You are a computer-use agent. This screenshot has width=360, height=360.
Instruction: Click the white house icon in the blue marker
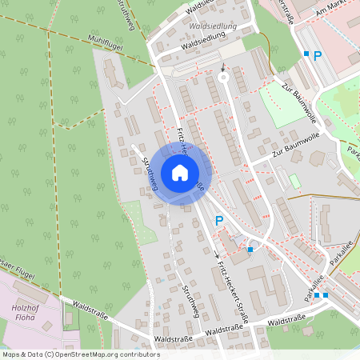tap(180, 173)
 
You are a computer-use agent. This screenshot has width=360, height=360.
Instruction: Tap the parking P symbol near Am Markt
tap(317, 56)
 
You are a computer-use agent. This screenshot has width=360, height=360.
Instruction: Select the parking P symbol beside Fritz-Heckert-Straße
tap(218, 220)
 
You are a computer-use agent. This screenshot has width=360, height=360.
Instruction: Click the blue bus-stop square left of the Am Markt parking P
tap(306, 54)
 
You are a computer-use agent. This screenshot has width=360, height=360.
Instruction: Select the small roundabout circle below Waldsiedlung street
tap(223, 78)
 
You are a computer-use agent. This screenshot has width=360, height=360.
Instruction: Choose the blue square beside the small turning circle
tap(250, 250)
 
